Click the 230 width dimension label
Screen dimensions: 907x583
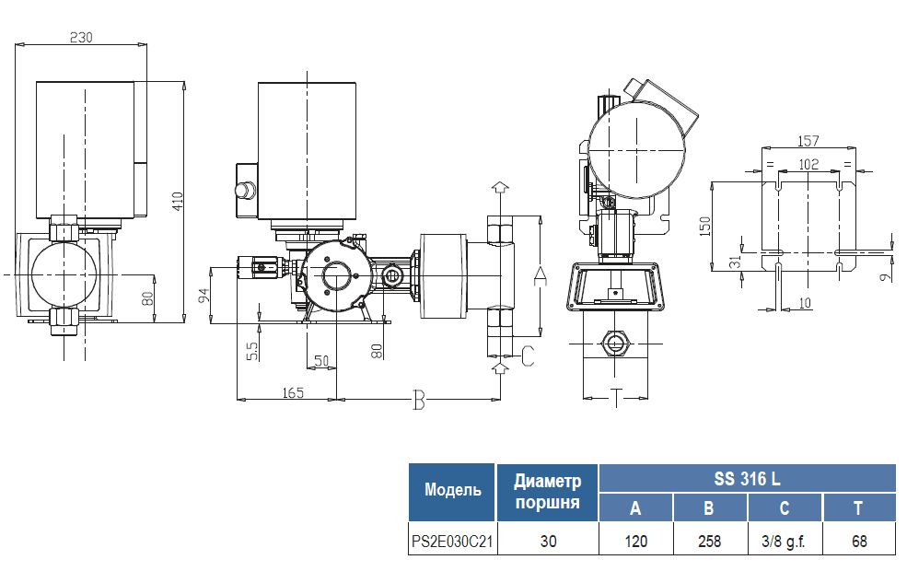(x=81, y=37)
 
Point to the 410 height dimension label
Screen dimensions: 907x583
(x=177, y=202)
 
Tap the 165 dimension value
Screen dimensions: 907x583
(x=293, y=392)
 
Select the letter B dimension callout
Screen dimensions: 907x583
(x=419, y=400)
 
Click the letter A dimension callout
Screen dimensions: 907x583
(x=540, y=276)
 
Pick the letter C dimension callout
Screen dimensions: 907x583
(x=528, y=356)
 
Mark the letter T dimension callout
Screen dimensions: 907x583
(x=616, y=398)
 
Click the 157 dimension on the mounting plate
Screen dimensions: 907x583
(x=808, y=141)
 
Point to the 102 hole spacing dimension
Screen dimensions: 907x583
(x=808, y=164)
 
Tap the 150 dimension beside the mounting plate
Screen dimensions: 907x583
(x=704, y=227)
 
